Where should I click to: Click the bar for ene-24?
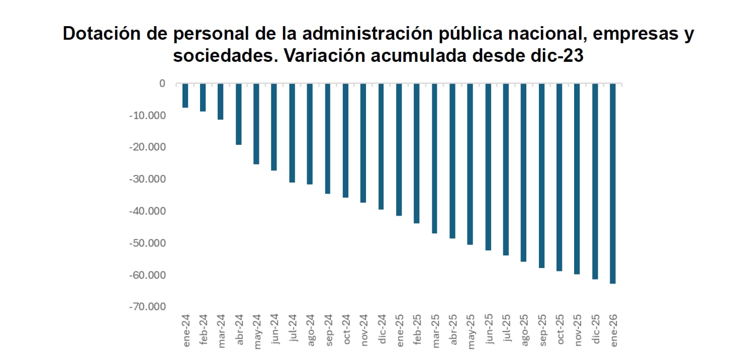pyautogui.click(x=185, y=96)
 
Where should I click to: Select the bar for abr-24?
pyautogui.click(x=239, y=114)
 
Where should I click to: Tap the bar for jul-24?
pyautogui.click(x=292, y=133)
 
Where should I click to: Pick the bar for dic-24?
pyautogui.click(x=381, y=146)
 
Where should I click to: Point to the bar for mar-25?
pyautogui.click(x=434, y=158)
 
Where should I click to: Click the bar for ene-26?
pyautogui.click(x=612, y=184)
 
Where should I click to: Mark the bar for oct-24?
pyautogui.click(x=345, y=140)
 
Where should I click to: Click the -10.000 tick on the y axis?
pyautogui.click(x=149, y=116)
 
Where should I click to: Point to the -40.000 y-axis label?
pyautogui.click(x=149, y=211)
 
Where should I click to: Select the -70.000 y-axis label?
pyautogui.click(x=149, y=307)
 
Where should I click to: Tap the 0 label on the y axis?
pyautogui.click(x=162, y=83)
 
